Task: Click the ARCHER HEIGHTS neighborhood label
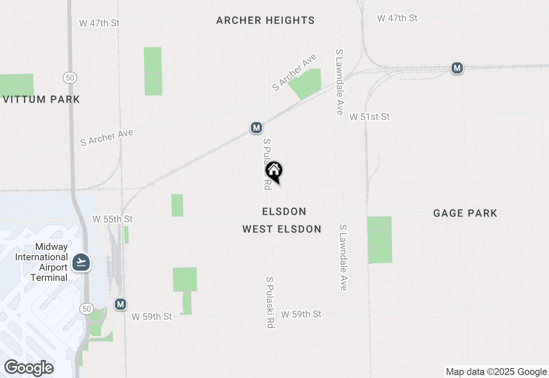click(265, 20)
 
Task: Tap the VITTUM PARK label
click(41, 99)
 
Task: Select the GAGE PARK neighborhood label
click(465, 213)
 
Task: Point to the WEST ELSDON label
click(282, 229)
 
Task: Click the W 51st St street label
click(369, 116)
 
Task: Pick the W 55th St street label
click(112, 219)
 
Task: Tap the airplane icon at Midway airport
click(81, 262)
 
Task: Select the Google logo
click(29, 368)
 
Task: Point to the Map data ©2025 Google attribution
click(496, 372)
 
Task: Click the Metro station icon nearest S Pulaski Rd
click(256, 128)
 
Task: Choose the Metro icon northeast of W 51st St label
click(457, 68)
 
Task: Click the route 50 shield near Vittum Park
click(70, 78)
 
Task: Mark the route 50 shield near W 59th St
click(87, 308)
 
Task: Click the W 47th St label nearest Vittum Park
click(99, 23)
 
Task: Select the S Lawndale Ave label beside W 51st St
click(340, 82)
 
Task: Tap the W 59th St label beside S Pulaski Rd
click(301, 314)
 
